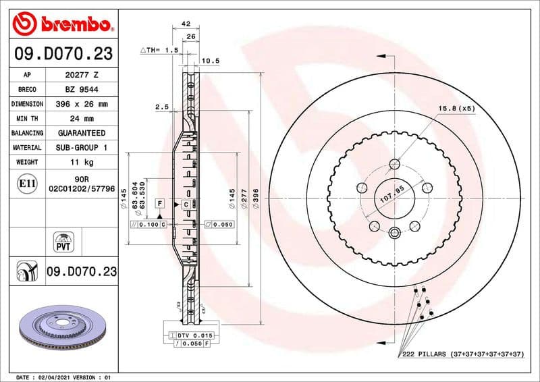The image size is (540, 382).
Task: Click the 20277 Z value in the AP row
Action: [x=81, y=75]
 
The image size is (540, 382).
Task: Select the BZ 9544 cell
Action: [x=81, y=90]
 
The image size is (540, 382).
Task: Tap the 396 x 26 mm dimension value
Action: [x=81, y=105]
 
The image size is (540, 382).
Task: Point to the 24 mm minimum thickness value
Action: [x=81, y=119]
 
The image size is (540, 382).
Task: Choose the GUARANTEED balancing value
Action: [x=81, y=134]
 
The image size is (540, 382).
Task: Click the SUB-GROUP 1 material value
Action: [x=81, y=148]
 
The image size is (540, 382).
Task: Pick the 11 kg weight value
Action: [x=81, y=163]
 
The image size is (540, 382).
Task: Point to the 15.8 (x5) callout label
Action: [x=457, y=108]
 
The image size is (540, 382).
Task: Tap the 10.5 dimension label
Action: [x=211, y=61]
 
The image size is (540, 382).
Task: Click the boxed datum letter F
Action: [x=160, y=202]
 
